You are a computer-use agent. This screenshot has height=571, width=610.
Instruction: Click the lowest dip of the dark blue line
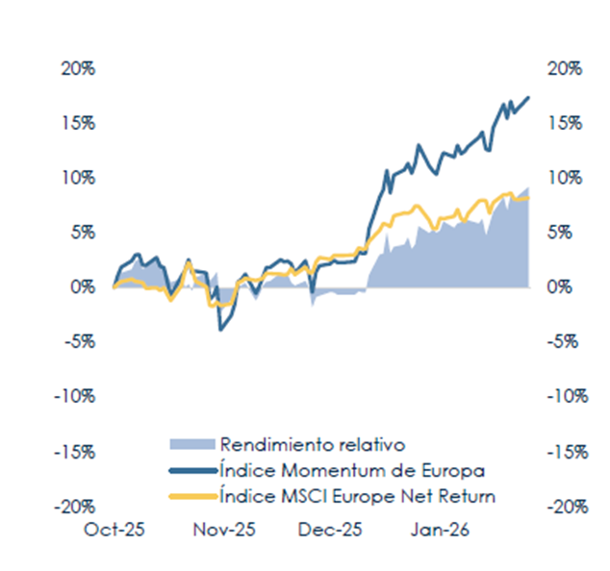(220, 330)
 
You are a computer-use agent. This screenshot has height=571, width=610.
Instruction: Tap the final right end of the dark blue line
(529, 97)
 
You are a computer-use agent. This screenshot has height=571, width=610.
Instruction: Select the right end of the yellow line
(529, 198)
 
